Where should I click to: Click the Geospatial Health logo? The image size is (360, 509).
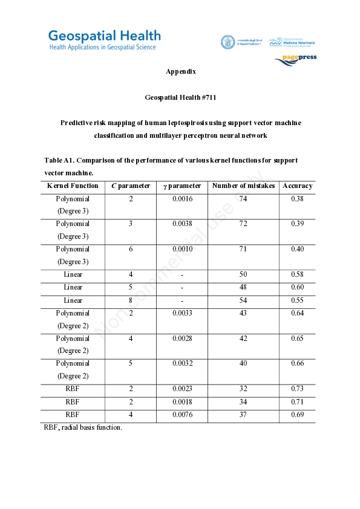click(x=104, y=40)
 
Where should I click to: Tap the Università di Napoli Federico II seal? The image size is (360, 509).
click(x=227, y=42)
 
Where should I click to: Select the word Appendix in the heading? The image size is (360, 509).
click(x=180, y=71)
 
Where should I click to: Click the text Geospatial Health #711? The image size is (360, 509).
click(x=180, y=97)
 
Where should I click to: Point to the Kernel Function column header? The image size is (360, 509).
click(x=73, y=186)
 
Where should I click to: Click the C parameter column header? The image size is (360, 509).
click(x=131, y=186)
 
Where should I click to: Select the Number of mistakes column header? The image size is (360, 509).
click(x=243, y=186)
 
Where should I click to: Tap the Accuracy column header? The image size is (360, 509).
click(x=297, y=186)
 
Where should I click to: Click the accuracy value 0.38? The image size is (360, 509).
click(x=297, y=199)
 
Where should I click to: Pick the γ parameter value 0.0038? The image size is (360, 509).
click(x=182, y=224)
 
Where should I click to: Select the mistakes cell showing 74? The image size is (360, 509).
click(x=243, y=199)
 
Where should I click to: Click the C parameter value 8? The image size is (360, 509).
click(x=131, y=300)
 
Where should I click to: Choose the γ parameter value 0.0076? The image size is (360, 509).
click(x=182, y=415)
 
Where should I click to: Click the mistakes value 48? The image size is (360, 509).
click(x=243, y=288)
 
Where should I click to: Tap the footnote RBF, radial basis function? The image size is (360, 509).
click(x=82, y=428)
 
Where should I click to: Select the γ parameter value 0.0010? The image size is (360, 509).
click(x=182, y=249)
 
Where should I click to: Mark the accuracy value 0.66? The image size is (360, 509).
click(x=297, y=364)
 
